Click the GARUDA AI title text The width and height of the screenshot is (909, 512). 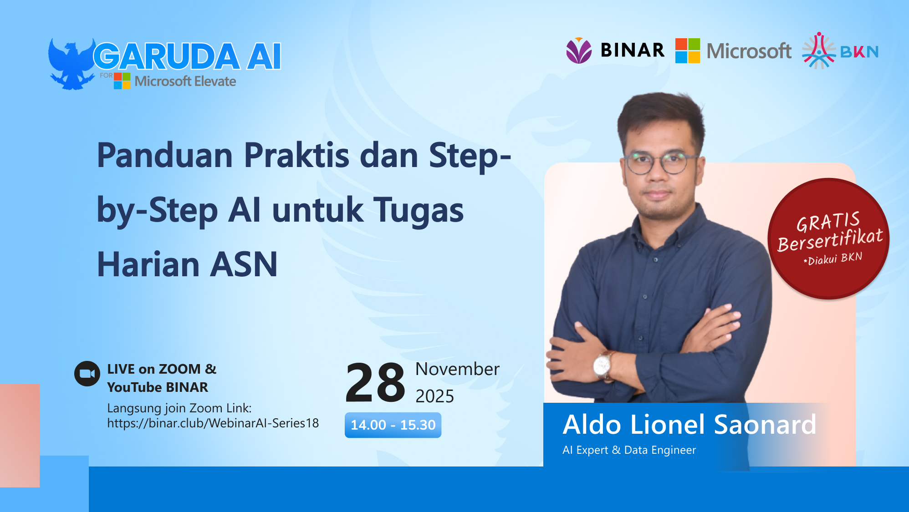tap(187, 56)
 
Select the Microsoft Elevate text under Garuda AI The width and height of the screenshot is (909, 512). tap(185, 81)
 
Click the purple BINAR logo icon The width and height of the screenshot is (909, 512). tap(578, 51)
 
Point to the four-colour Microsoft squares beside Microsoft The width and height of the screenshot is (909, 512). tap(687, 51)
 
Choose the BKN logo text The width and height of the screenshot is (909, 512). tap(859, 52)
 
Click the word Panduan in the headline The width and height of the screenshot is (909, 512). tap(165, 156)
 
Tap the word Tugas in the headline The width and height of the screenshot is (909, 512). tap(418, 210)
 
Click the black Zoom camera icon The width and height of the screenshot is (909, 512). tap(87, 374)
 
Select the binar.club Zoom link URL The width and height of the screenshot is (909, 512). tap(213, 423)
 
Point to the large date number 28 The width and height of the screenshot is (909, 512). tap(375, 383)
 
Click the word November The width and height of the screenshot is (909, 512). tap(457, 369)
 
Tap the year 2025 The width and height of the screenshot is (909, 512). tap(434, 396)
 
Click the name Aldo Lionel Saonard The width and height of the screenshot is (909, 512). tap(689, 425)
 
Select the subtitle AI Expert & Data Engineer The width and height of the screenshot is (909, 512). tap(629, 450)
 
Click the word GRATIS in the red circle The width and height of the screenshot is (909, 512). tap(827, 222)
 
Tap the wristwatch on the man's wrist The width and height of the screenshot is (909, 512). tap(603, 365)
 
